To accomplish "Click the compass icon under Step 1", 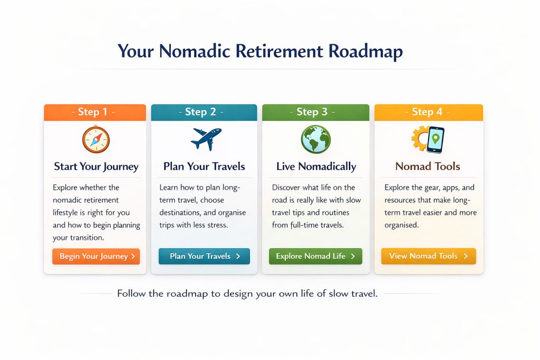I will pyautogui.click(x=95, y=140).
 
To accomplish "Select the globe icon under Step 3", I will pyautogui.click(x=315, y=140).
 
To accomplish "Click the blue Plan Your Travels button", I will pyautogui.click(x=204, y=256).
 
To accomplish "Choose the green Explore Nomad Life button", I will pyautogui.click(x=315, y=256).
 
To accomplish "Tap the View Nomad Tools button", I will pyautogui.click(x=428, y=256).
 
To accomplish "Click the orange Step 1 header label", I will pyautogui.click(x=95, y=112).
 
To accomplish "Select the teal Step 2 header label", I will pyautogui.click(x=204, y=112).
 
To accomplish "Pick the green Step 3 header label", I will pyautogui.click(x=315, y=112).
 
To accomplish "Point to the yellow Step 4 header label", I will pyautogui.click(x=428, y=112).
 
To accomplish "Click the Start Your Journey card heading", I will pyautogui.click(x=96, y=167).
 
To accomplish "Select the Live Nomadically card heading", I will pyautogui.click(x=316, y=167).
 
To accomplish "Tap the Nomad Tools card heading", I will pyautogui.click(x=428, y=167).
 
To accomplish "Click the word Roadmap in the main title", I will pyautogui.click(x=365, y=52).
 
